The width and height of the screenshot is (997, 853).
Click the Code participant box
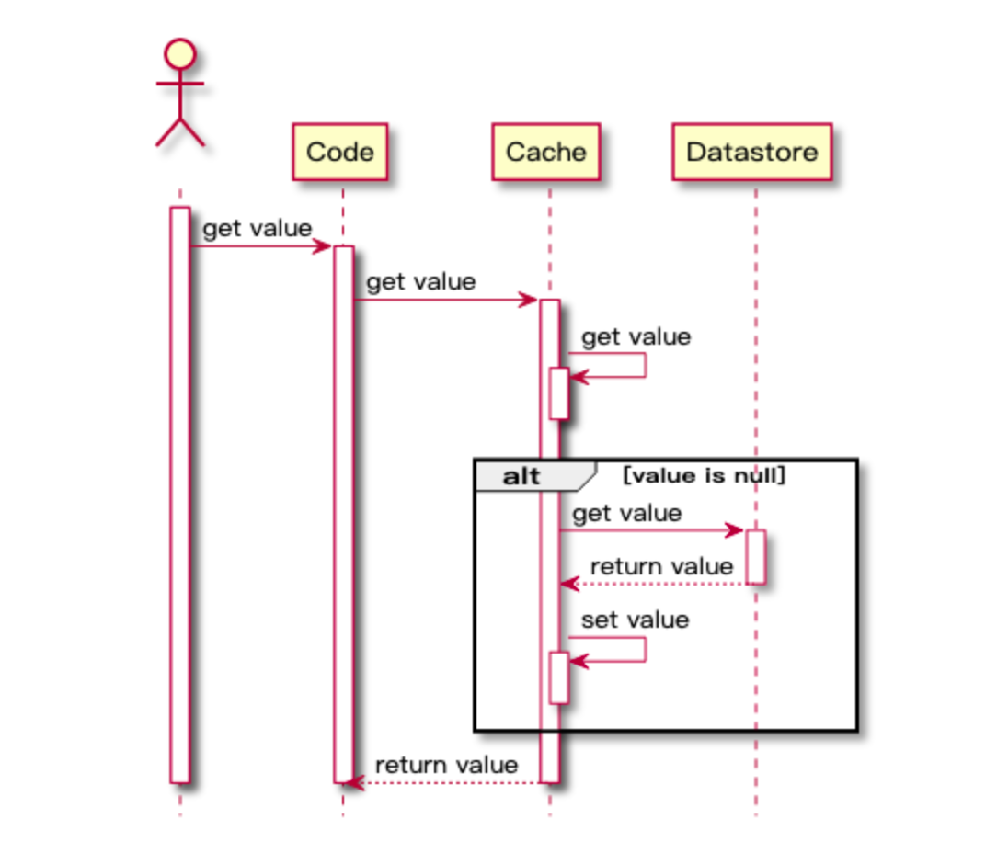tap(340, 152)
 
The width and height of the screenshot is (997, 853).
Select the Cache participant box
tap(546, 152)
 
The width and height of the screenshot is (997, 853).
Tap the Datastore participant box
tap(752, 152)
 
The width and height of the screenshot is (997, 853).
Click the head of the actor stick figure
tap(180, 54)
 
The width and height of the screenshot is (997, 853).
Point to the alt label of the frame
tap(521, 476)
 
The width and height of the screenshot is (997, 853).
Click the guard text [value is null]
tap(705, 475)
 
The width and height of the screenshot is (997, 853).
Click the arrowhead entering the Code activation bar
tap(323, 246)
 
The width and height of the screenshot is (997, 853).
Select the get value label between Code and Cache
tap(421, 281)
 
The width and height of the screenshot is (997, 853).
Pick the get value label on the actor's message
tap(257, 228)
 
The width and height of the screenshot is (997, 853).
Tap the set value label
tap(636, 620)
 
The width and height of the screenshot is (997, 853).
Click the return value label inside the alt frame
tap(662, 566)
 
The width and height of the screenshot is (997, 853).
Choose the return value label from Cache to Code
tap(446, 765)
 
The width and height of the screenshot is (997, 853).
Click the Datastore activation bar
tap(756, 557)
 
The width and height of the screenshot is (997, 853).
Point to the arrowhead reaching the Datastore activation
tap(735, 529)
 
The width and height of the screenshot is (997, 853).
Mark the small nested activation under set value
tap(559, 678)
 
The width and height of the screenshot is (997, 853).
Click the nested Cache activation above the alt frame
tap(559, 393)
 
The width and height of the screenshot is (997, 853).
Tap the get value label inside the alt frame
tap(627, 513)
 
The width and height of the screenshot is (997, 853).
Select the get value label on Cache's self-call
tap(636, 336)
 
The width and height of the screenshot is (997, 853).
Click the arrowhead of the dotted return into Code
tap(353, 782)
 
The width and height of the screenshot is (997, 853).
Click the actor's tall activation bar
tap(180, 495)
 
